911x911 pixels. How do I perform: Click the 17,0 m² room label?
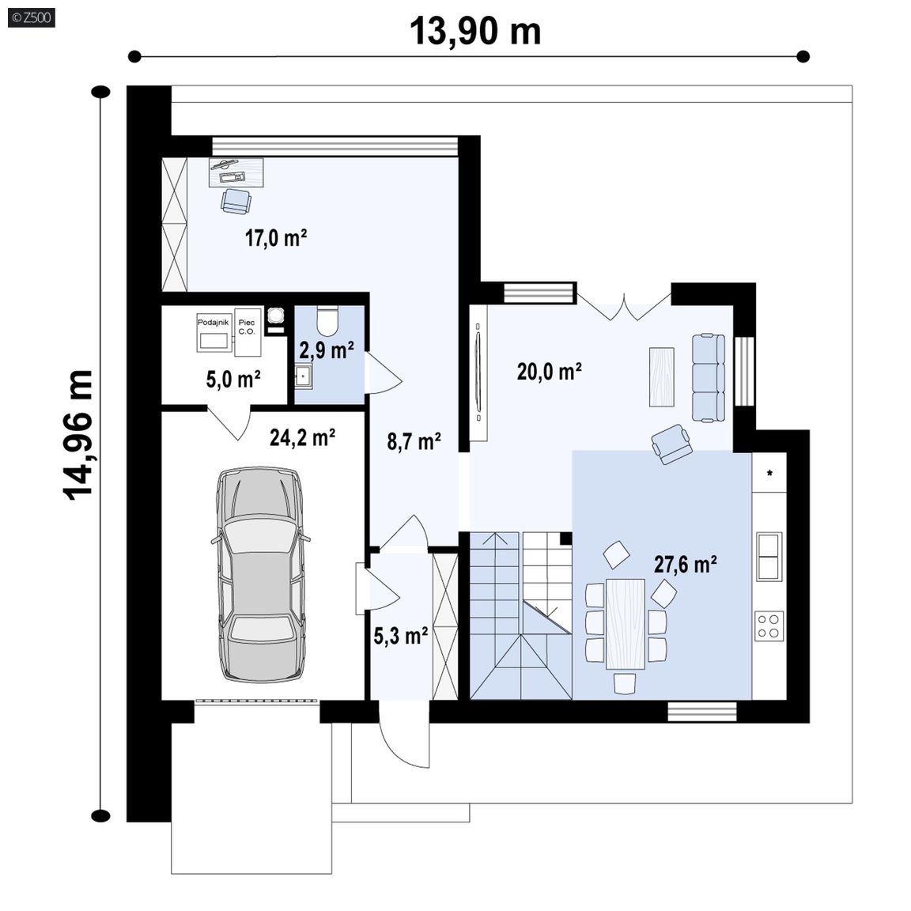[x=276, y=237]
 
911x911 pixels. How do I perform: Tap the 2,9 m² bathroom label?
[x=327, y=350]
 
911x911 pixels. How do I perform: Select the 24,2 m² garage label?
[x=302, y=437]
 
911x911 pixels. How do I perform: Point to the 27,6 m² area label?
[x=686, y=564]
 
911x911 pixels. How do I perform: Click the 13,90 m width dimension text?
[x=475, y=31]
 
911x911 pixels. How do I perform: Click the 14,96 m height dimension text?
[x=77, y=435]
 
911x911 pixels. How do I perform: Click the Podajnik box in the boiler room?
[x=214, y=333]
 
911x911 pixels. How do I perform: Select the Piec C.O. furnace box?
[x=248, y=332]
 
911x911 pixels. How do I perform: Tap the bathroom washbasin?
[x=303, y=376]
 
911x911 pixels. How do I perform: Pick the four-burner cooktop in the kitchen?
[x=769, y=626]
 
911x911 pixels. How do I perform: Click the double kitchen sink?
[x=769, y=556]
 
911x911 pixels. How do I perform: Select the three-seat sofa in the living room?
[x=709, y=378]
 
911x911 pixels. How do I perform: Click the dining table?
[x=626, y=624]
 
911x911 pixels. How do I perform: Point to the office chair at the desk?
[x=236, y=200]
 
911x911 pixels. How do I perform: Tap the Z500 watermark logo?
[x=32, y=17]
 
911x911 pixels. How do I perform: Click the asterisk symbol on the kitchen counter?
[x=769, y=474]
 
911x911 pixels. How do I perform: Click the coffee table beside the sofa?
[x=662, y=376]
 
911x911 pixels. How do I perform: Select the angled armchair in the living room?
[x=671, y=444]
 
